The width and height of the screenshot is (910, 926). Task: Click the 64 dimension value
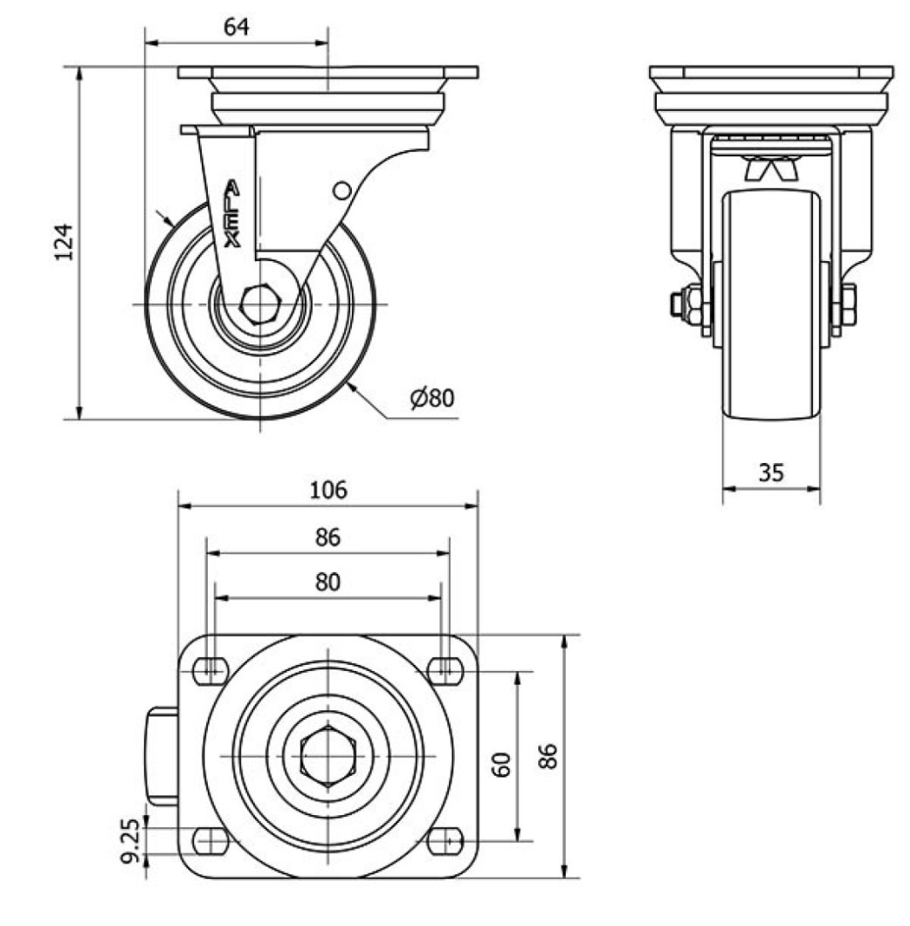click(236, 26)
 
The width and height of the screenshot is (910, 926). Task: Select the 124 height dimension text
click(64, 242)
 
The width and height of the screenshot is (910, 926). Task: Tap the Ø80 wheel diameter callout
click(433, 398)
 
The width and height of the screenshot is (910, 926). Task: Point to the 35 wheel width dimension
click(771, 473)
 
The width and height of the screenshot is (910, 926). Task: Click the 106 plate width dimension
click(329, 490)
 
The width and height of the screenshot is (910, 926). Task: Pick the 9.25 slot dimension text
click(132, 840)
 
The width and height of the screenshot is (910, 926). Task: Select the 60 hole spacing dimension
click(501, 764)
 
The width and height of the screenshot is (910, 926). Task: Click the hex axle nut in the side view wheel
click(259, 305)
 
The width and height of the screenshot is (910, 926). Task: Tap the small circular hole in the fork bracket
click(342, 190)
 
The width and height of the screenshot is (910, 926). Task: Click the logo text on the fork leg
click(232, 214)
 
